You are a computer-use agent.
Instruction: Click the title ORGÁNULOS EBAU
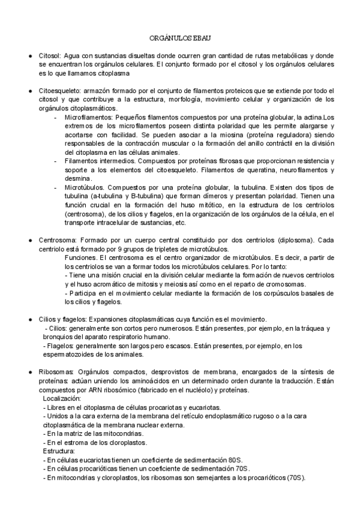[x=180, y=37]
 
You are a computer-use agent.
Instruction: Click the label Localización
[x=62, y=399]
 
